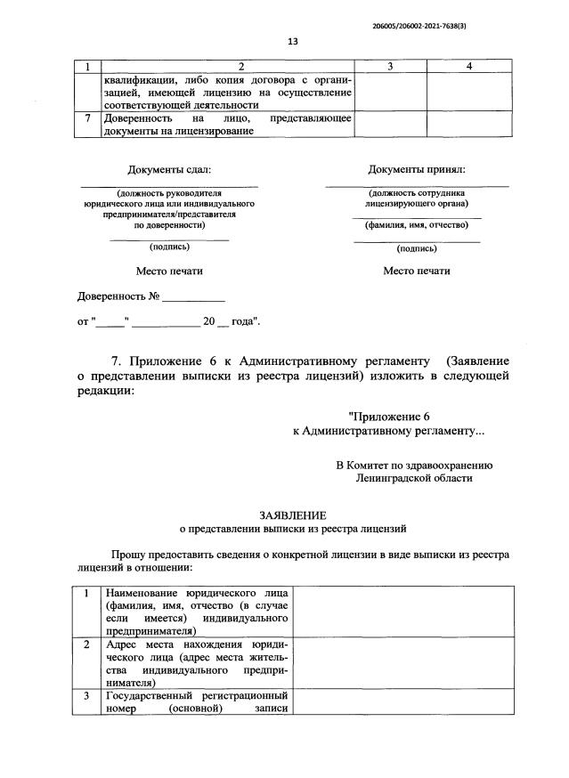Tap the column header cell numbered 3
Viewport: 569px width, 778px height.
click(x=390, y=67)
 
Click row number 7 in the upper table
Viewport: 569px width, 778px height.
click(x=88, y=118)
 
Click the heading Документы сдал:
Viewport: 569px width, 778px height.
click(x=169, y=169)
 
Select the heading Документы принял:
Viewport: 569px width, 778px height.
click(x=416, y=169)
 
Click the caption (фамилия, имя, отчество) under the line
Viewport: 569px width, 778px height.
click(x=416, y=224)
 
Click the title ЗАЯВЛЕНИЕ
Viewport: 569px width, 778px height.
click(x=292, y=515)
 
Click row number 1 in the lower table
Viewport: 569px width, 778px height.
click(x=86, y=593)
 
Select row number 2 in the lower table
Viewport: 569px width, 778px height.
click(x=86, y=644)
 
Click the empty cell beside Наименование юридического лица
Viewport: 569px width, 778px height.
click(x=401, y=611)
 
